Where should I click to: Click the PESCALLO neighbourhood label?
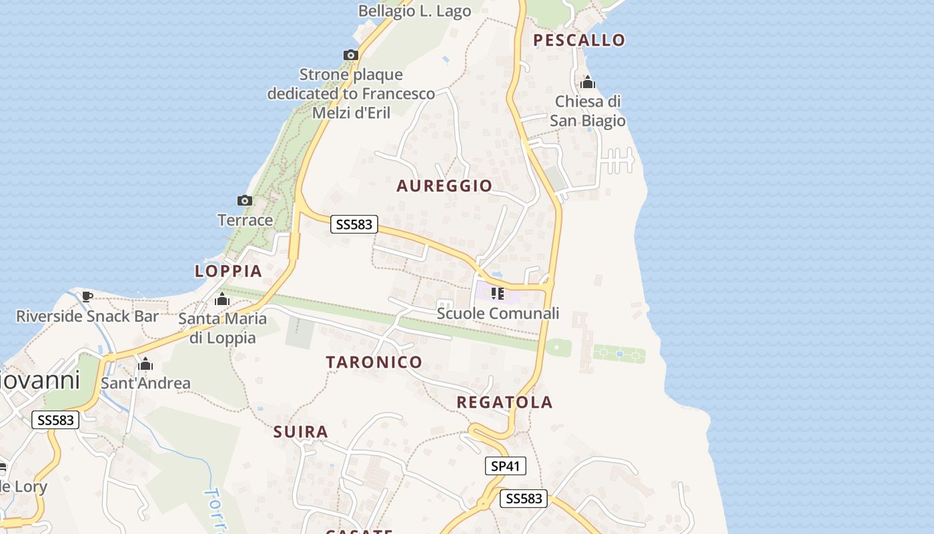[579, 40]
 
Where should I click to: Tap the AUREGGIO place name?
[444, 186]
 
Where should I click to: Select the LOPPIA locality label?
[228, 271]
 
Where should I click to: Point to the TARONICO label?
[374, 362]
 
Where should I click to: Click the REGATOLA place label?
[504, 402]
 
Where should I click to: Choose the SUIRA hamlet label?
[301, 432]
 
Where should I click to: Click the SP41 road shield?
[505, 466]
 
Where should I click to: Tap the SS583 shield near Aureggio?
[354, 224]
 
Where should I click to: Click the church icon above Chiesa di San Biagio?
[588, 82]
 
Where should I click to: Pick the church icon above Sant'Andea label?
[145, 364]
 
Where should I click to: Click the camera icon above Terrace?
[245, 200]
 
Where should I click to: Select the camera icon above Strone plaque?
[351, 55]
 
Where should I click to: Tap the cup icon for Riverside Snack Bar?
[87, 296]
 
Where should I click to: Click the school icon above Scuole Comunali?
[497, 294]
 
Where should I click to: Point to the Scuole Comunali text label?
[498, 313]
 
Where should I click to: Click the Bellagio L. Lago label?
[414, 11]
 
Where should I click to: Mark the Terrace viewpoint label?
[245, 220]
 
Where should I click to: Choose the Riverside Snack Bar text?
[87, 316]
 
